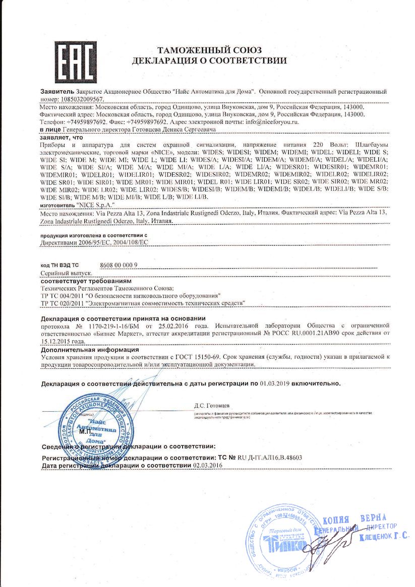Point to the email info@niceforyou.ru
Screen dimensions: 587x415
point(275,122)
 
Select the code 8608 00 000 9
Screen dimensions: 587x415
point(119,265)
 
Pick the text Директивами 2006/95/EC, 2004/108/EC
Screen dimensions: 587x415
point(94,242)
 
